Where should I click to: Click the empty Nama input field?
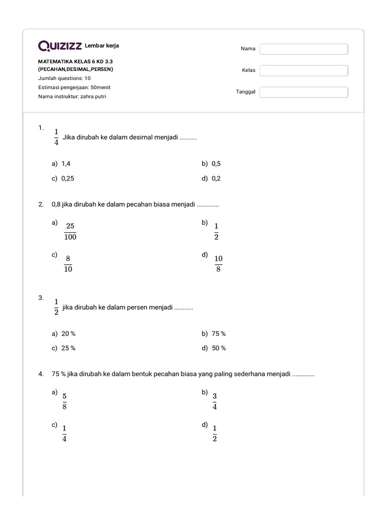point(304,49)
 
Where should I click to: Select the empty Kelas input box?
point(304,70)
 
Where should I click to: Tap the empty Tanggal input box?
point(304,92)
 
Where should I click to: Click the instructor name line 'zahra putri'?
point(72,96)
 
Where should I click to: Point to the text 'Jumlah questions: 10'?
point(64,78)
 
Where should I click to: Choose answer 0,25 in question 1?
point(68,178)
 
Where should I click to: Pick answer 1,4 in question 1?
point(66,163)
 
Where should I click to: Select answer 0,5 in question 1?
point(216,163)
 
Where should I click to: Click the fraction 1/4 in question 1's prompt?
point(56,137)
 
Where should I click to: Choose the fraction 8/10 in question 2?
point(68,264)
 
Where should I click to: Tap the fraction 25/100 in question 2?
point(70,231)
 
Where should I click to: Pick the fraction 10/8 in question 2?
point(218,264)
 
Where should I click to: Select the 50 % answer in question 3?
point(219,348)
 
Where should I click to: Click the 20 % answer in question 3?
point(68,333)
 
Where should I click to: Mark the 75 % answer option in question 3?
point(219,333)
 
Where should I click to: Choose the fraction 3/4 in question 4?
point(215,401)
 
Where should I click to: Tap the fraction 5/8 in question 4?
point(64,401)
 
